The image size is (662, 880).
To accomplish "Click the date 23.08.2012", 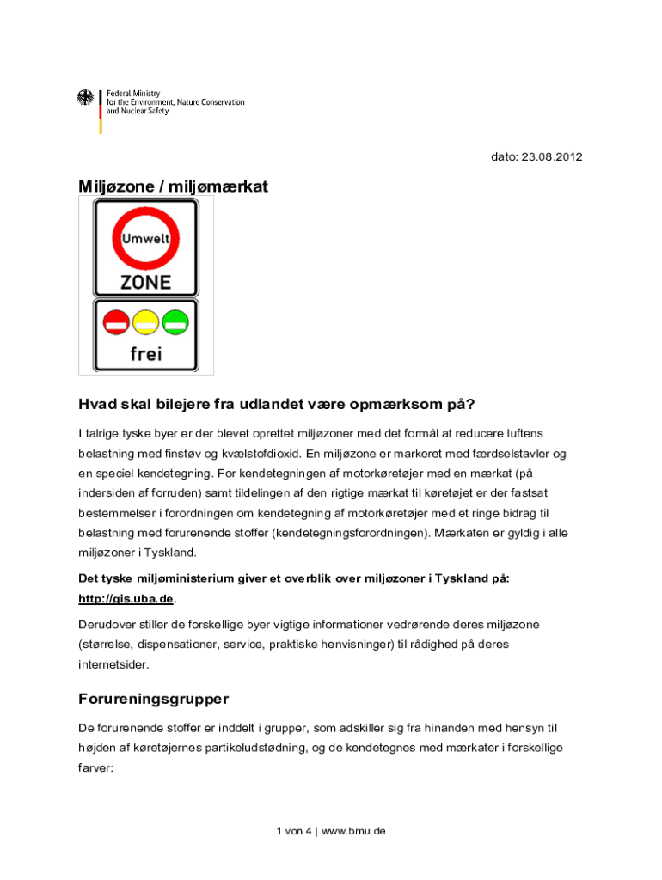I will click(560, 157).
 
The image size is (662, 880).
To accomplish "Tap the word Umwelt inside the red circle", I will click(145, 239).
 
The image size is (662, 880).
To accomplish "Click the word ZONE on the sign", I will click(145, 282).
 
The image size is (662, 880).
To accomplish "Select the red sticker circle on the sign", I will click(117, 323).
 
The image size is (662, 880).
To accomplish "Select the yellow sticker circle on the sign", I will click(145, 323).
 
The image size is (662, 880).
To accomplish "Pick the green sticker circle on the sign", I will click(175, 323).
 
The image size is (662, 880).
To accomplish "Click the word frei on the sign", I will click(146, 352).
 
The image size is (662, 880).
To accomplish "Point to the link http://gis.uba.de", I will click(126, 598).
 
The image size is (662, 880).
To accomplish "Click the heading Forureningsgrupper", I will click(153, 699).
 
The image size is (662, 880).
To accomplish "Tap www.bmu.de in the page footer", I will click(353, 831).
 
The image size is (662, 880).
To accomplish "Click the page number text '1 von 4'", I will click(294, 831).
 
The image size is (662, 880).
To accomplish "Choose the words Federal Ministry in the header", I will click(133, 93).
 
